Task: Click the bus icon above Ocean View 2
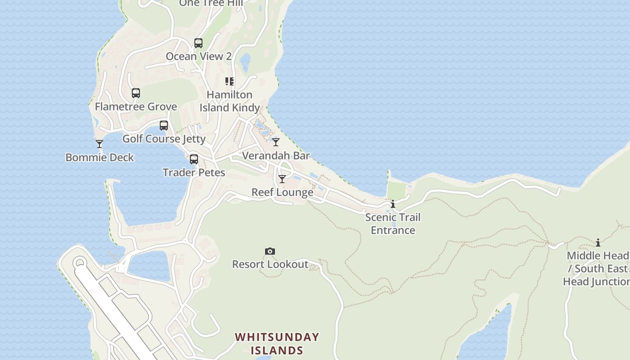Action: pos(198,43)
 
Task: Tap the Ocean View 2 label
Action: pos(198,56)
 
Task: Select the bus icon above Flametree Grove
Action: pos(136,93)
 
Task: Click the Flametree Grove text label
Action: pos(136,107)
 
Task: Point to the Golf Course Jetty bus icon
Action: pos(164,126)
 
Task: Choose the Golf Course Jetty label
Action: pos(164,139)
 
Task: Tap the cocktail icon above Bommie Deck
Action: pos(99,144)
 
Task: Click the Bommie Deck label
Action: pos(100,157)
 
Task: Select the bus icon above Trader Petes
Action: pos(194,159)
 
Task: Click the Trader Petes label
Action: pos(194,173)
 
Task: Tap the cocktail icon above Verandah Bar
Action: pos(276,142)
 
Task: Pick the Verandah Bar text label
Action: pos(276,156)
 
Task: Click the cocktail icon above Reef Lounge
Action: pos(282,179)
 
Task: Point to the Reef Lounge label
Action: pos(282,193)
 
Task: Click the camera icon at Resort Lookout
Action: pos(270,251)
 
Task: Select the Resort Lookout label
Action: pos(270,265)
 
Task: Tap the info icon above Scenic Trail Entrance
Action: pos(393,204)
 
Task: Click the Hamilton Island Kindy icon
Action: pos(230,81)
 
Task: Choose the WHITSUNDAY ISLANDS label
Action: pos(277,344)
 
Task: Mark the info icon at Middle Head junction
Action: pos(598,243)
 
